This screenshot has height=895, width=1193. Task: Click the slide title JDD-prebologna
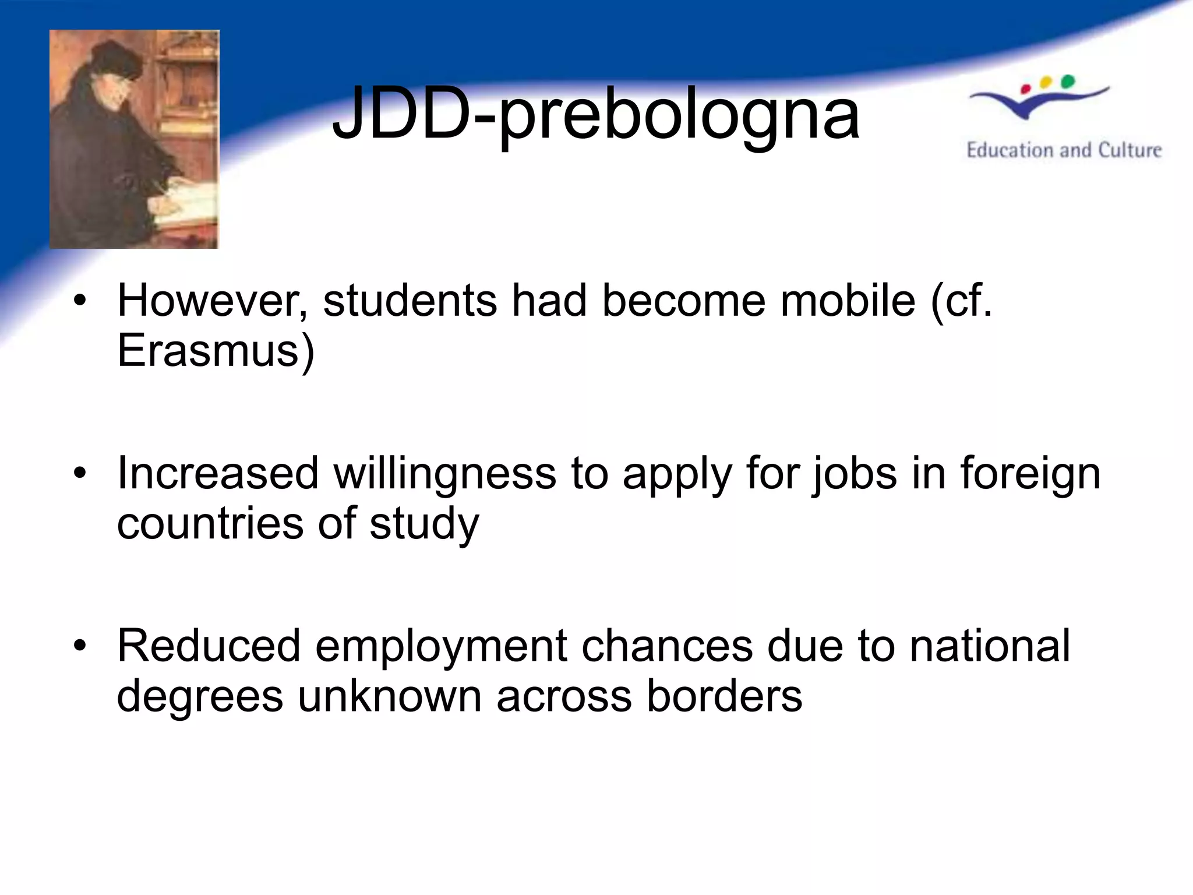click(595, 115)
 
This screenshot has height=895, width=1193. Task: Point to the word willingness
click(444, 473)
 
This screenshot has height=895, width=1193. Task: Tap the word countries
click(210, 523)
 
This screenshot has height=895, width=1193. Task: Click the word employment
click(441, 647)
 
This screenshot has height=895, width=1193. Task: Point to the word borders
click(724, 696)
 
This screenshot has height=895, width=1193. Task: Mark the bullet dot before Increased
click(80, 473)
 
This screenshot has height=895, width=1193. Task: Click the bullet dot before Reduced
click(80, 646)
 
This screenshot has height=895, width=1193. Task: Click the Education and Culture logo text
click(1064, 150)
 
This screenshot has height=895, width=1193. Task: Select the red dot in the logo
click(1026, 89)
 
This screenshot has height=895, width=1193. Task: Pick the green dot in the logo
click(1068, 81)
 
